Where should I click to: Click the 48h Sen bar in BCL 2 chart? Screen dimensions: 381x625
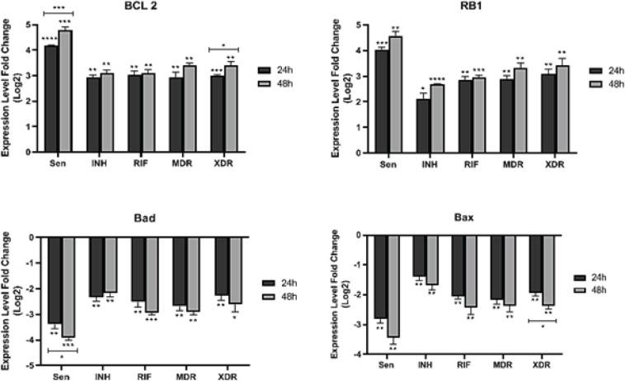(x=65, y=91)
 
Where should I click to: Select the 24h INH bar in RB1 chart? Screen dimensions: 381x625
(x=421, y=125)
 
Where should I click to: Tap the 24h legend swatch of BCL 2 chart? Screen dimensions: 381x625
(x=265, y=71)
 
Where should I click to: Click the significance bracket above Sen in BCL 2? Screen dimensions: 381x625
(x=59, y=12)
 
